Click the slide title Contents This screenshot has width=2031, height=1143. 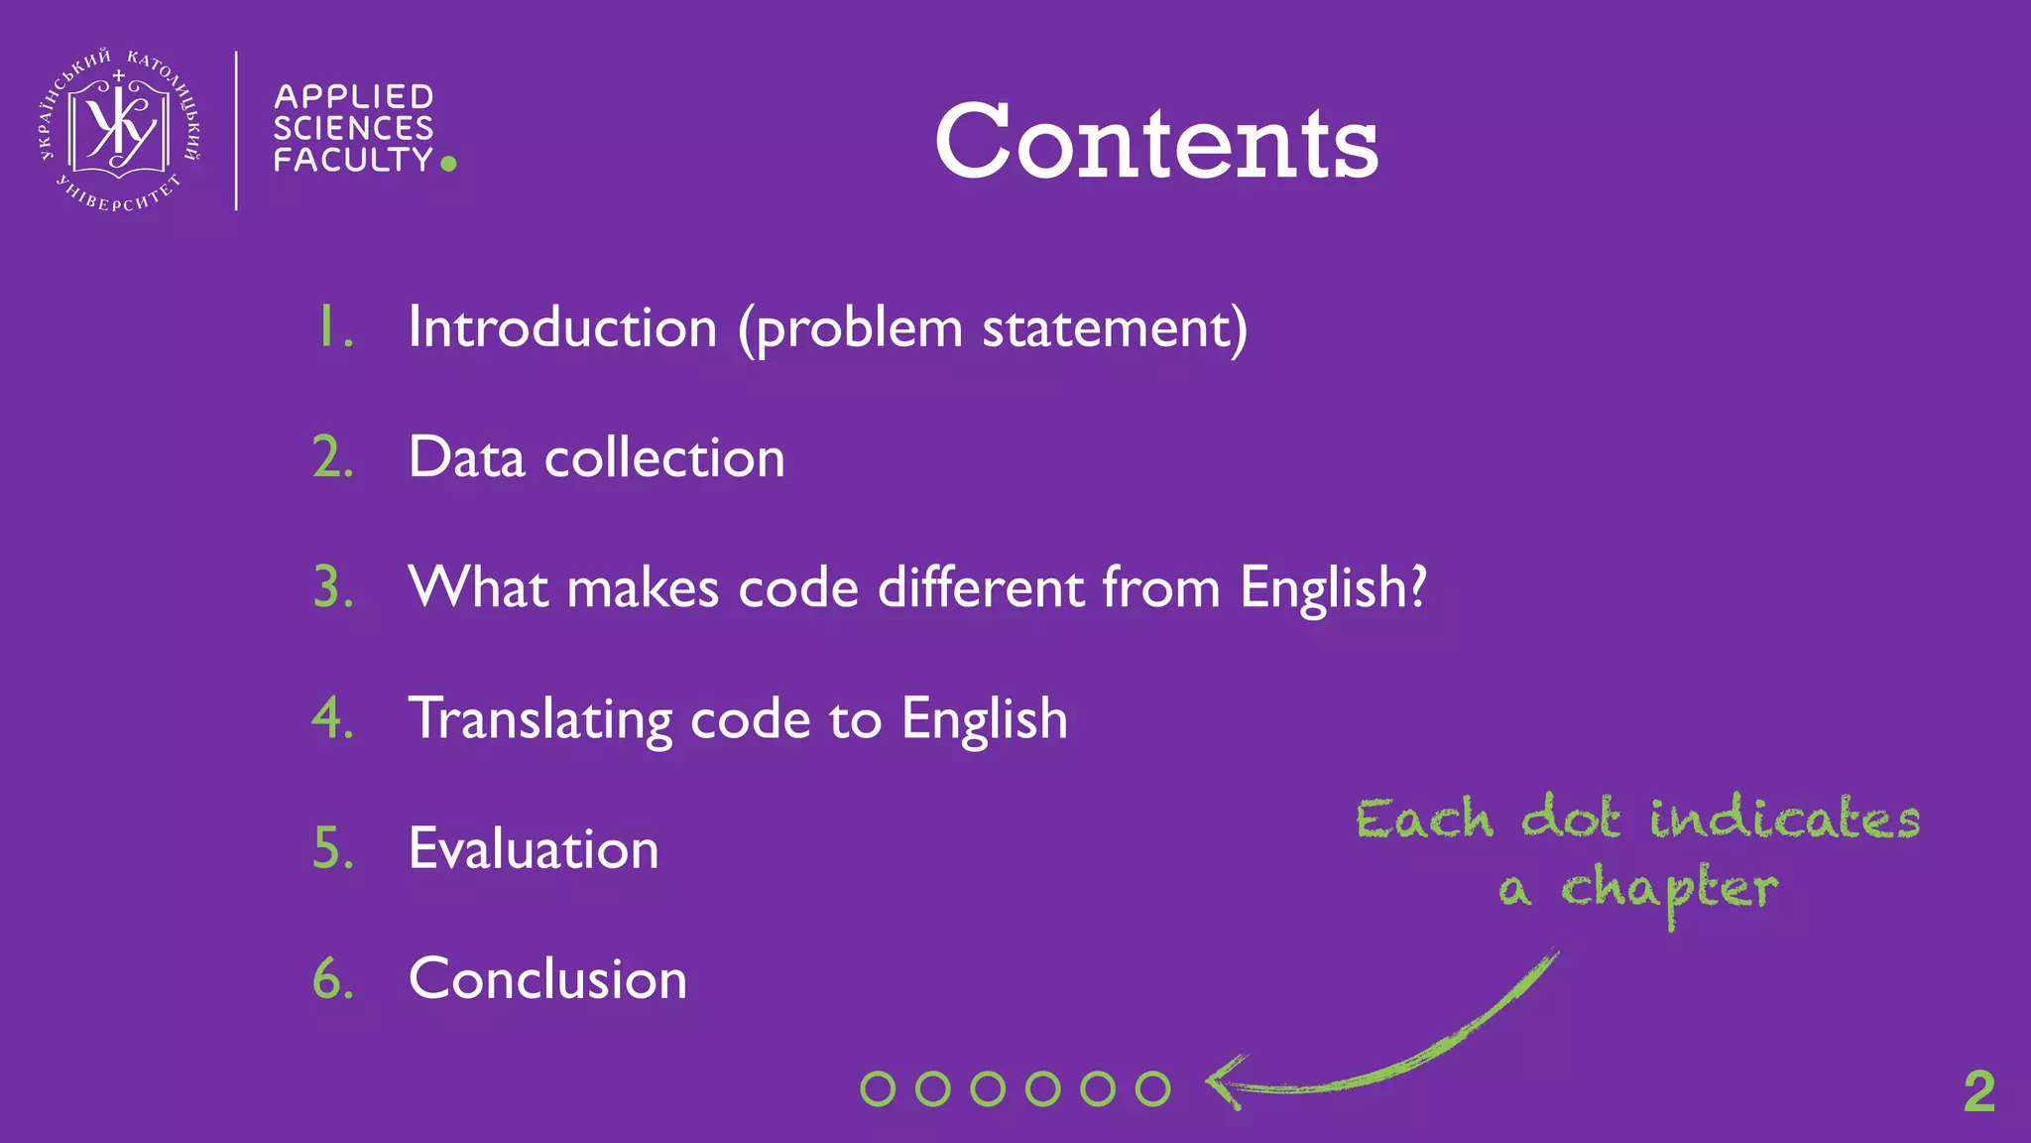(1156, 142)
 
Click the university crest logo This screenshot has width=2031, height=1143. (119, 130)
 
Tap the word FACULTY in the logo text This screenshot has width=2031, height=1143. (353, 160)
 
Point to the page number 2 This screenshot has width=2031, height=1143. (1978, 1092)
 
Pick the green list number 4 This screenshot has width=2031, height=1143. (332, 717)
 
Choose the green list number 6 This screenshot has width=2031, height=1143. (332, 978)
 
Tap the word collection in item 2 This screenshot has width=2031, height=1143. (664, 457)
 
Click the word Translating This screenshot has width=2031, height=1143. (540, 719)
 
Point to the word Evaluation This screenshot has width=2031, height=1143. (534, 848)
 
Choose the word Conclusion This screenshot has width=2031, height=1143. (547, 978)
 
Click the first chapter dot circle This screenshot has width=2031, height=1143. (878, 1088)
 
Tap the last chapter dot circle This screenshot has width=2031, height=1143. (1152, 1088)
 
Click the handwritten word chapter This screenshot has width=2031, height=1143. (1669, 889)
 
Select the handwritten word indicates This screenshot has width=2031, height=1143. (1785, 819)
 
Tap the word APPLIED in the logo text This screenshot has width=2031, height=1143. (353, 96)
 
